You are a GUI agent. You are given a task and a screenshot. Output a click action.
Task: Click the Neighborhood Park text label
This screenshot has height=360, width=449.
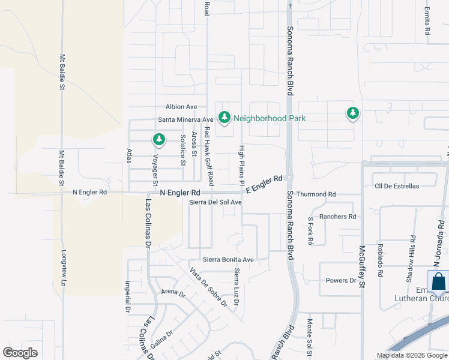pos(270,118)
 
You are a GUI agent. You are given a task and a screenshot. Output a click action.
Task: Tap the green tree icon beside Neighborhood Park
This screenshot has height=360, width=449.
pos(224,117)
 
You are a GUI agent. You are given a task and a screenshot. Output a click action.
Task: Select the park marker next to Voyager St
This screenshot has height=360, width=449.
pos(158,140)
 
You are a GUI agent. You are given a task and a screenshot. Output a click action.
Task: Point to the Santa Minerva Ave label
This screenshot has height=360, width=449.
pos(186,120)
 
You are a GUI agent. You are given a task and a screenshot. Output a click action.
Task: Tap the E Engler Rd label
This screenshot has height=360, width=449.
pos(264,184)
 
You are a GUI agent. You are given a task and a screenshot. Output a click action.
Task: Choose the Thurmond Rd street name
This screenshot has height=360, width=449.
pos(316,194)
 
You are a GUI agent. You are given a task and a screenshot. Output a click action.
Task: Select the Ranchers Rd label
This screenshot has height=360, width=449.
pos(338,217)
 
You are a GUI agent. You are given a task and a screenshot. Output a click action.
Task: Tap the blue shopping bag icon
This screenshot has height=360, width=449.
pos(438,281)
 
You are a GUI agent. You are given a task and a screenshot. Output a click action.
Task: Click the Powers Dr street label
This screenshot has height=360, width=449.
pos(341,281)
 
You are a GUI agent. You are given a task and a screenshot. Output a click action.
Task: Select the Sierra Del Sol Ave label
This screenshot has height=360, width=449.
pos(215,203)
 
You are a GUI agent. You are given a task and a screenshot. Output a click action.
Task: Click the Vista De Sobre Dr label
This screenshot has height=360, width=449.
pos(208,287)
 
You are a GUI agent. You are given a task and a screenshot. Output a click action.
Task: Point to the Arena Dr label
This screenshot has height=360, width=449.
pos(173,293)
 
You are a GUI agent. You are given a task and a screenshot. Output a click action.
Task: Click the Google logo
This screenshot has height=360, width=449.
pos(20,352)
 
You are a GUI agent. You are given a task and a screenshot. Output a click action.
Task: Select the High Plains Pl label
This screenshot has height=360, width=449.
pos(243,164)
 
